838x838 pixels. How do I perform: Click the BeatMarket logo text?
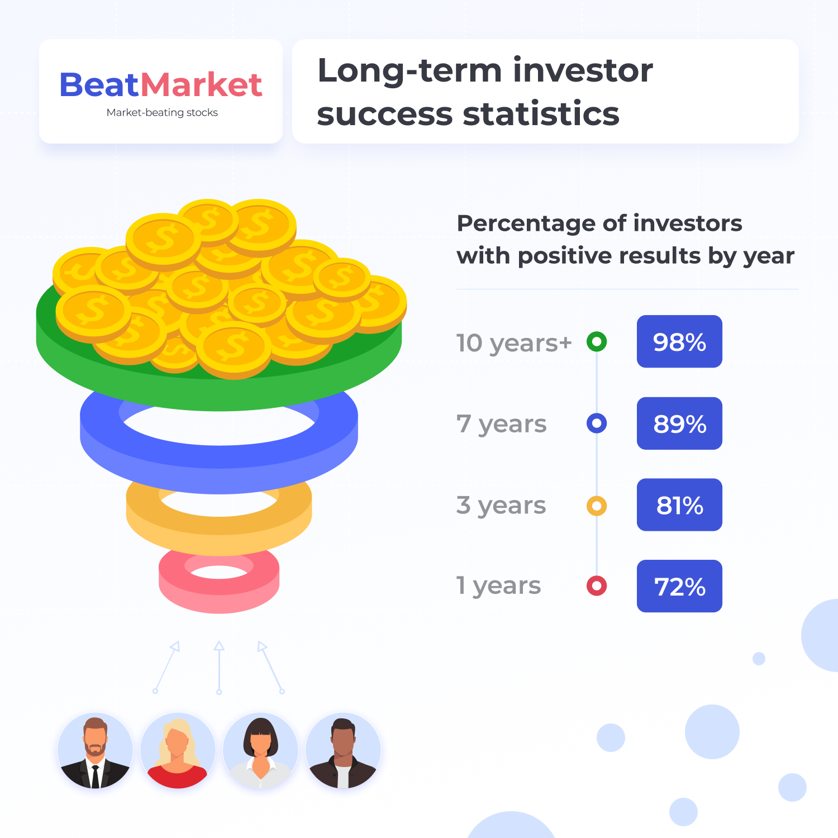(161, 85)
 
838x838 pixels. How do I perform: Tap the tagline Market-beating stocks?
(162, 113)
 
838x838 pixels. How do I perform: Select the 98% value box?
(679, 341)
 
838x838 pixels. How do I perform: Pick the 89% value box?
(679, 423)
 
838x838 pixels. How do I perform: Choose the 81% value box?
(679, 505)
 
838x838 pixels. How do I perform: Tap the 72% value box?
(679, 586)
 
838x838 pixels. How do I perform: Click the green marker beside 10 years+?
(597, 341)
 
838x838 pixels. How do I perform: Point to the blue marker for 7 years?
(597, 423)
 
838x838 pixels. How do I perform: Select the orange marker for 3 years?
(597, 506)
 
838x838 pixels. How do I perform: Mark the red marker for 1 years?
(597, 586)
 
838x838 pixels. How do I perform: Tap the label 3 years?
(501, 506)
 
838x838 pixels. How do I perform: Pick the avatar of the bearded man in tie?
(96, 750)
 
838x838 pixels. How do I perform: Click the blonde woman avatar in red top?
(178, 750)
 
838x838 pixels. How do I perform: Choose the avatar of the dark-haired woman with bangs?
(260, 750)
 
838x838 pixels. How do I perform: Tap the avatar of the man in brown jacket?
(343, 750)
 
